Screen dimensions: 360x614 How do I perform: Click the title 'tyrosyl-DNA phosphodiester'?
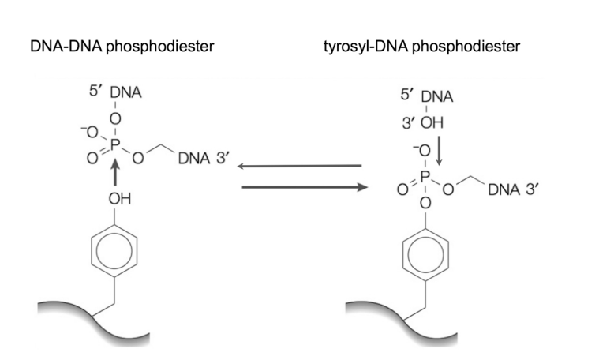point(421,47)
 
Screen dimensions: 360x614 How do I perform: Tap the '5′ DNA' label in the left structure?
point(113,93)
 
